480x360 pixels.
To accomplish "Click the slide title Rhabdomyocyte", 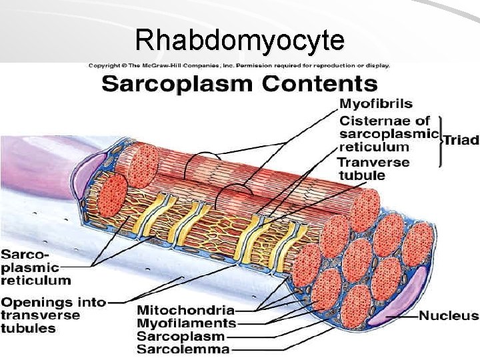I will pyautogui.click(x=239, y=41).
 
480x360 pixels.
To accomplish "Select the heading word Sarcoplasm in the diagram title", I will pyautogui.click(x=178, y=85).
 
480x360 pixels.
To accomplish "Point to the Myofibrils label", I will pyautogui.click(x=375, y=104).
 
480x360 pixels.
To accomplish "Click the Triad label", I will pyautogui.click(x=461, y=140).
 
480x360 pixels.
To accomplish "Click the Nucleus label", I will pyautogui.click(x=448, y=315).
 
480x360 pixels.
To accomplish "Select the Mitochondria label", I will pyautogui.click(x=185, y=310).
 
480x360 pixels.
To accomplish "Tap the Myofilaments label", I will pyautogui.click(x=186, y=323).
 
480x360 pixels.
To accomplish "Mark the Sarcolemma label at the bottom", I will pyautogui.click(x=183, y=349).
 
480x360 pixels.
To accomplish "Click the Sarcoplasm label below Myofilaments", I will pyautogui.click(x=181, y=336).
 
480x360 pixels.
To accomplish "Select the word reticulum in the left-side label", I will pyautogui.click(x=35, y=281).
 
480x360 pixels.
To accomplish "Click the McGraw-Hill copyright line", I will pyautogui.click(x=239, y=65).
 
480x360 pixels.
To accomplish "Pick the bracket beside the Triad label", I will pyautogui.click(x=440, y=141).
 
